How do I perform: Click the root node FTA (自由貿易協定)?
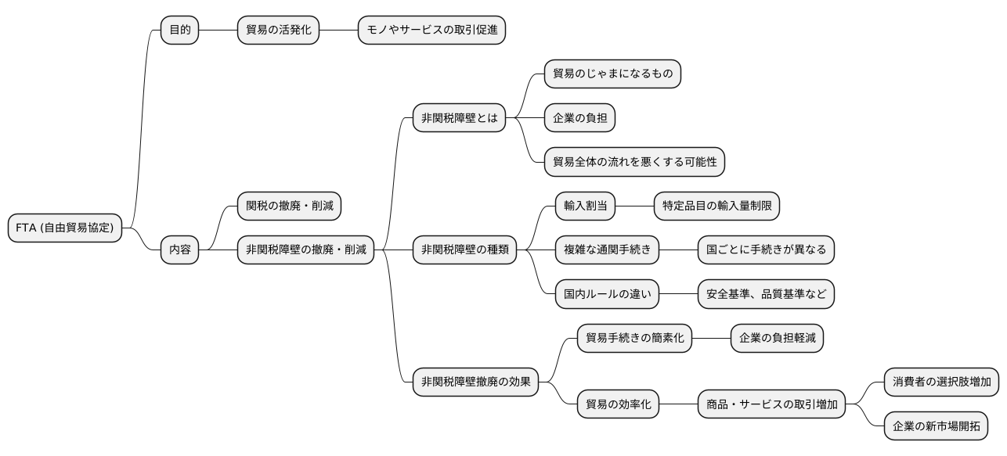(65, 228)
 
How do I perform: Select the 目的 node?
(179, 31)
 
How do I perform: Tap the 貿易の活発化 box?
(278, 31)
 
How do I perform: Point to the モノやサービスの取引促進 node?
(432, 31)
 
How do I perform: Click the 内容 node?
(179, 250)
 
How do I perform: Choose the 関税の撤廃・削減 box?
(289, 206)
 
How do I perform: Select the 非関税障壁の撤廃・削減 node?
(305, 250)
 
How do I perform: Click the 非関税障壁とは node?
(459, 118)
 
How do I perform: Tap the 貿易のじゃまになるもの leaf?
(612, 74)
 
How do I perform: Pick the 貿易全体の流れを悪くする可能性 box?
(634, 162)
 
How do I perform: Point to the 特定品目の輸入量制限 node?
(717, 206)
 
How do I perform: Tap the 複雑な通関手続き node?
(608, 250)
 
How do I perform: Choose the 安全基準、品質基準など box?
(767, 294)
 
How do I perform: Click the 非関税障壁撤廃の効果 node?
(475, 382)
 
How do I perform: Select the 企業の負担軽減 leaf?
(777, 339)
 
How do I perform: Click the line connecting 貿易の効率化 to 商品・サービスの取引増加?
(679, 405)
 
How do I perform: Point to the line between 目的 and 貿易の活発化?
(218, 31)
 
